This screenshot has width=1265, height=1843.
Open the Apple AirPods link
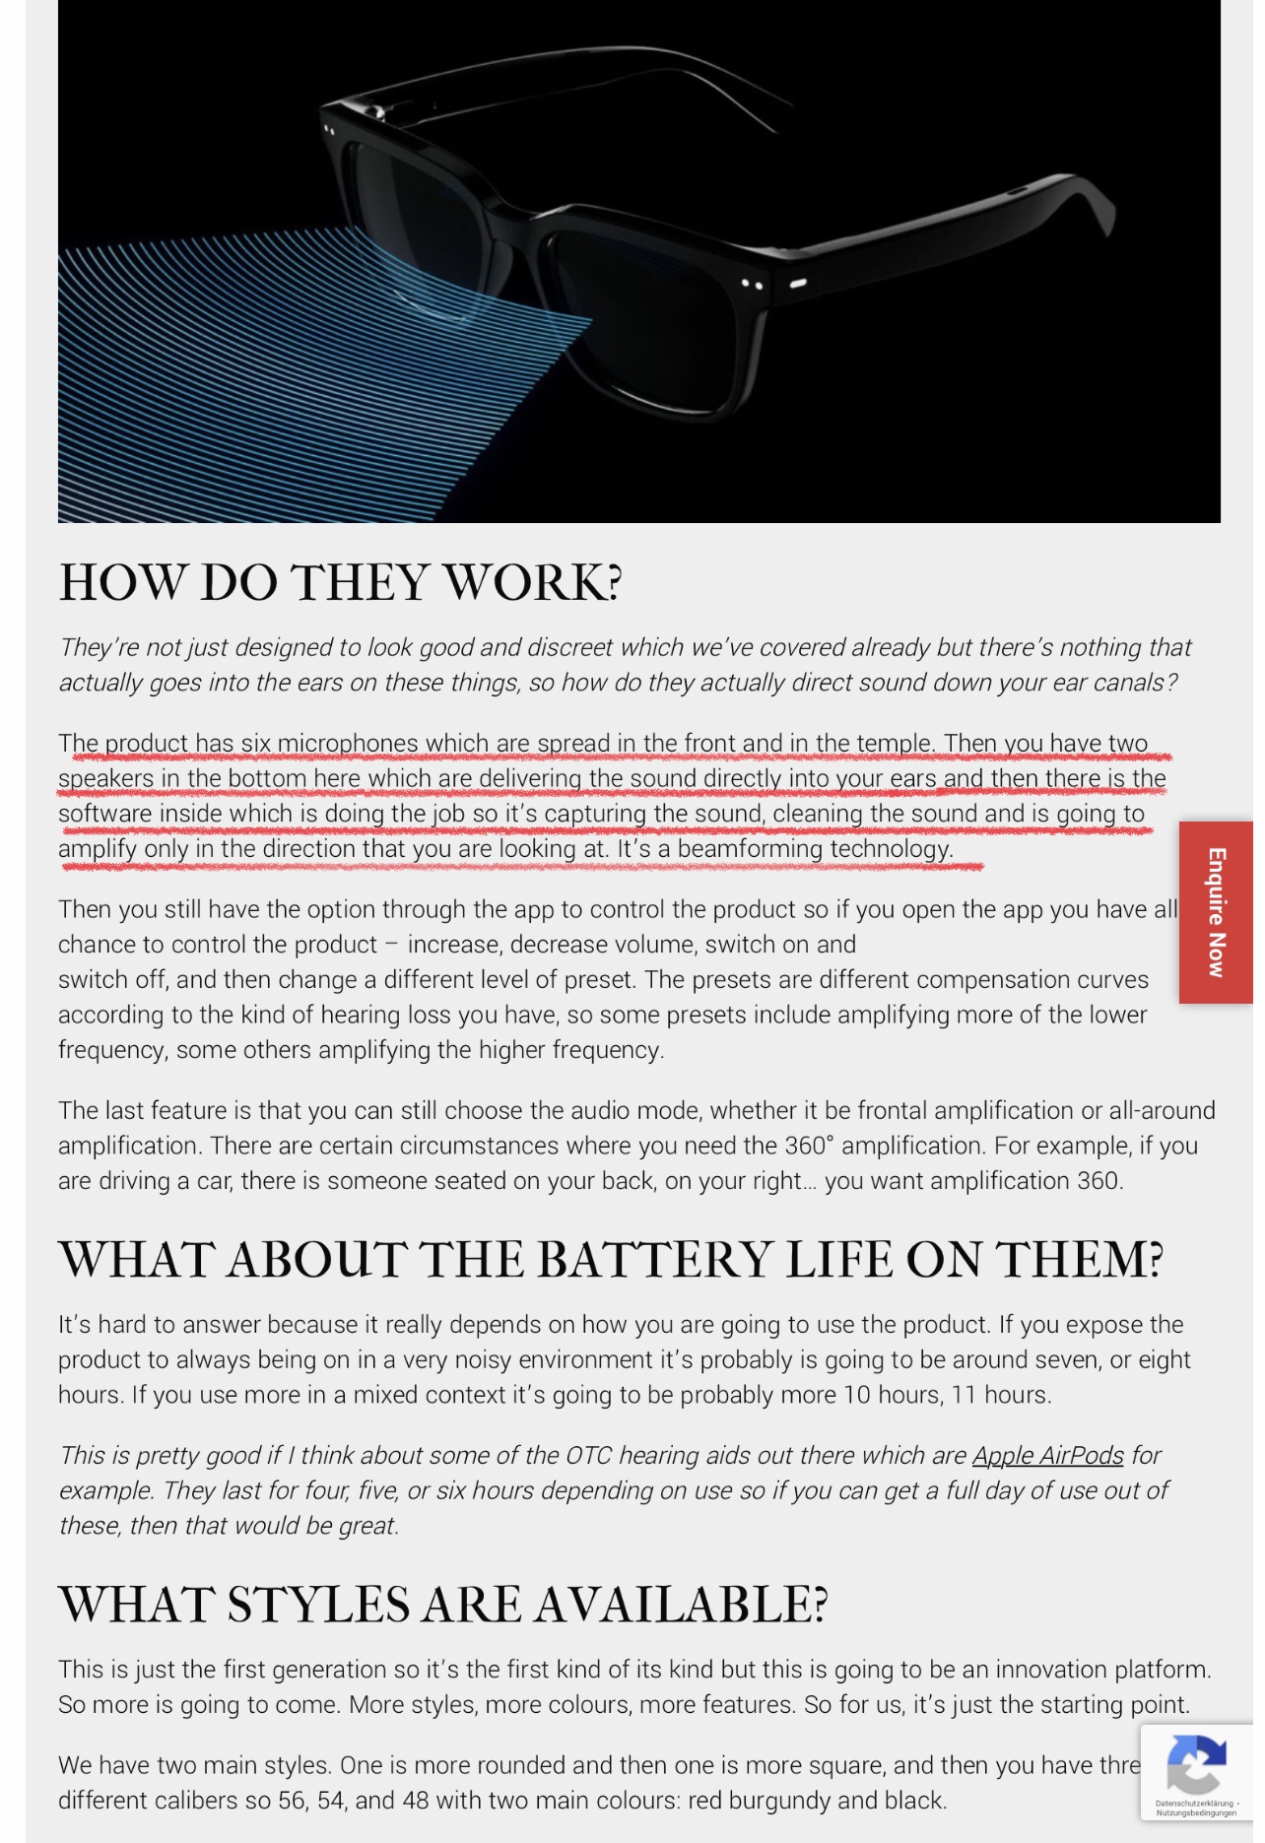click(1047, 1455)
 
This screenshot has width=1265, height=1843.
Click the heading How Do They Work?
click(340, 582)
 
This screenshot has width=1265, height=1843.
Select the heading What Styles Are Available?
click(442, 1605)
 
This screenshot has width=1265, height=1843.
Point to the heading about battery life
click(611, 1260)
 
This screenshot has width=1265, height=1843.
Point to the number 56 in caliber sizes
click(293, 1800)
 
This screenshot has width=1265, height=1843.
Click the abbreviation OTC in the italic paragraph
click(588, 1455)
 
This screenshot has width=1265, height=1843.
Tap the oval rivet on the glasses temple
click(798, 284)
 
